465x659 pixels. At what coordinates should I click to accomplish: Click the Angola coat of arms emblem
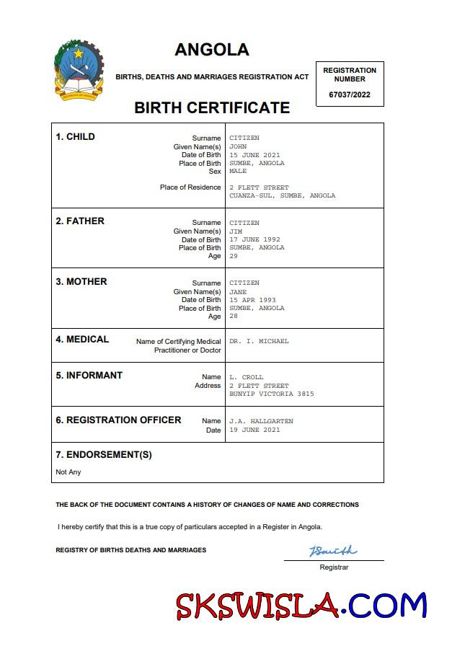pos(79,70)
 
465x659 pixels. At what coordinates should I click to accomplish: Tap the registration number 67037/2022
pos(350,94)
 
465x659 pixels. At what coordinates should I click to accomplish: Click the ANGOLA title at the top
pos(211,50)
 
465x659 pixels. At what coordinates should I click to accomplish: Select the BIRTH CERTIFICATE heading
pos(212,108)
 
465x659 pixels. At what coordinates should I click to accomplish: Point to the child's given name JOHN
pos(238,146)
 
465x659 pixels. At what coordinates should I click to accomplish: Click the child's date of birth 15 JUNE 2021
pos(254,155)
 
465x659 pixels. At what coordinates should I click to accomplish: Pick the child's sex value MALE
pos(238,172)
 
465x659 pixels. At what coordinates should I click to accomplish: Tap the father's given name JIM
pos(236,231)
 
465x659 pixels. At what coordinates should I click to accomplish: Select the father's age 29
pos(234,256)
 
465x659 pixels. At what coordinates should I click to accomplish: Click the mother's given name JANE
pos(238,292)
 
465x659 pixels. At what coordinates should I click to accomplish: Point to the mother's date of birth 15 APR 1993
pos(252,300)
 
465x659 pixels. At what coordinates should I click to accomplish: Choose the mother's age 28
pos(234,317)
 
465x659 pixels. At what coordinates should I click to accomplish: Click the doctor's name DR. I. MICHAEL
pos(259,341)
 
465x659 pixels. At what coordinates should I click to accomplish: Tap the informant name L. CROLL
pos(247,377)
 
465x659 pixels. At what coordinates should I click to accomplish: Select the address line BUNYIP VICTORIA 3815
pos(271,394)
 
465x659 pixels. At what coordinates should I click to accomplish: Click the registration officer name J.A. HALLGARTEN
pos(261,421)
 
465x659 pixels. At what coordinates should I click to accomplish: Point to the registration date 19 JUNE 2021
pos(254,430)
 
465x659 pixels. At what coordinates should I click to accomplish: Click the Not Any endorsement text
pos(68,472)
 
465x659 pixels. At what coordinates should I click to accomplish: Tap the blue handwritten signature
pos(332,552)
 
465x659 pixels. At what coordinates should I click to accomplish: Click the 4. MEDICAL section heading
pos(82,340)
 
